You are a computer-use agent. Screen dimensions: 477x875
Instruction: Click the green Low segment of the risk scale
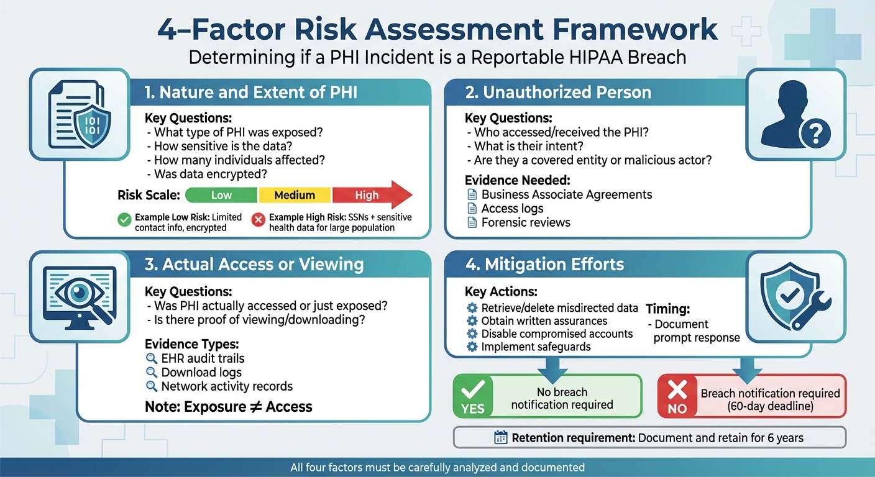click(221, 195)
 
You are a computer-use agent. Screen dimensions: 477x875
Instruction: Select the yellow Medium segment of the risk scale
click(295, 195)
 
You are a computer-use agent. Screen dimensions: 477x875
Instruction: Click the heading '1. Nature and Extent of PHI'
click(250, 93)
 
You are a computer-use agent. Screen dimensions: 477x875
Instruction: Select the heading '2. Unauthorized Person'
click(558, 93)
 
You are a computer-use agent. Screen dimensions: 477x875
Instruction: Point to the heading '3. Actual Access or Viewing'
click(254, 264)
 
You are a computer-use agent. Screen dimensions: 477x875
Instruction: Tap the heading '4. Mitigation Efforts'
click(544, 264)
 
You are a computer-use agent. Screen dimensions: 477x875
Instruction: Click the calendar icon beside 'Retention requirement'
click(501, 438)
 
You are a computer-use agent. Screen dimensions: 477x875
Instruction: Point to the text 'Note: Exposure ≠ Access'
click(228, 407)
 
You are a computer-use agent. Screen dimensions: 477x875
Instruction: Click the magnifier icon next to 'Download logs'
click(151, 373)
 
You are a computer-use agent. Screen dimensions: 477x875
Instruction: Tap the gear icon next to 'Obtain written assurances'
click(472, 320)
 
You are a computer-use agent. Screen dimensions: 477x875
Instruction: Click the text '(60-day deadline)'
click(770, 407)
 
